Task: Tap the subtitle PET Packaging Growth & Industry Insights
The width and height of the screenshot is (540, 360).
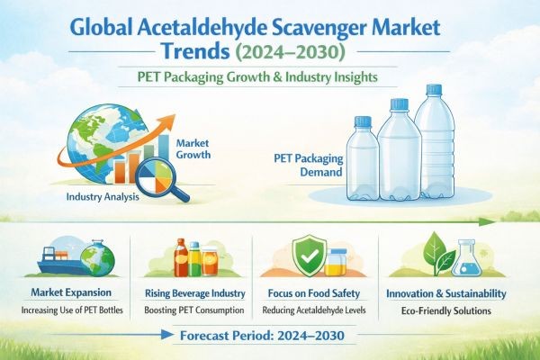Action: point(270,76)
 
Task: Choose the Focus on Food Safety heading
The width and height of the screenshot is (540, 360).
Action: point(316,293)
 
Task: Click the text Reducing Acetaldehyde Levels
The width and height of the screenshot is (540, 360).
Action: point(316,310)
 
